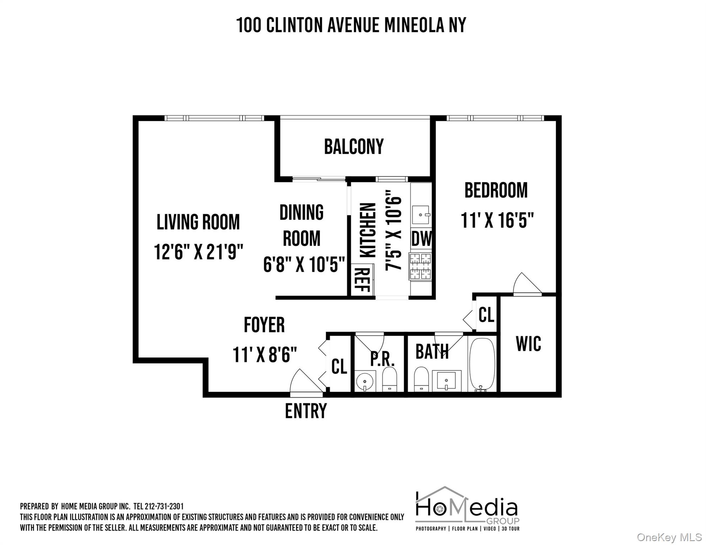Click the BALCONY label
pyautogui.click(x=354, y=147)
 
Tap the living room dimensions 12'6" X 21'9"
pyautogui.click(x=199, y=252)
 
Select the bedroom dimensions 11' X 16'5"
pyautogui.click(x=497, y=220)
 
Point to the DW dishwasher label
pyautogui.click(x=422, y=239)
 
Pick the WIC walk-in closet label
pyautogui.click(x=528, y=344)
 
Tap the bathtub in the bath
pyautogui.click(x=482, y=364)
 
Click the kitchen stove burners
pyautogui.click(x=421, y=266)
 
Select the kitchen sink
pyautogui.click(x=421, y=215)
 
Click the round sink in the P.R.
pyautogui.click(x=365, y=382)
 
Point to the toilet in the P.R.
pyautogui.click(x=390, y=379)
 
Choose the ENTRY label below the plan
pyautogui.click(x=306, y=411)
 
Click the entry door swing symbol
pyautogui.click(x=305, y=382)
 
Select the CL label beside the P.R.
pyautogui.click(x=339, y=366)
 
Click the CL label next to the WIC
pyautogui.click(x=486, y=314)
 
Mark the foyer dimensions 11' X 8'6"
pyautogui.click(x=265, y=355)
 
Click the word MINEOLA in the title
pyautogui.click(x=414, y=25)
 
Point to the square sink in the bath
pyautogui.click(x=446, y=381)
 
